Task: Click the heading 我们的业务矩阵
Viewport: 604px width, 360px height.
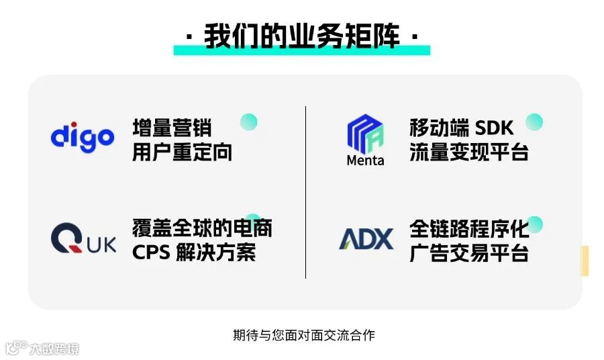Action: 302,36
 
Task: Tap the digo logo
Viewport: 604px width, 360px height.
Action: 83,137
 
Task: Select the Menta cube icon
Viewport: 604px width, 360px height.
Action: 364,133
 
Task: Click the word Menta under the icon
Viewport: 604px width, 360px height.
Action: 365,161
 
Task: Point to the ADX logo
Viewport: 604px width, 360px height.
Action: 366,239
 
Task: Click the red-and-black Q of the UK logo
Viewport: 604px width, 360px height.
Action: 65,239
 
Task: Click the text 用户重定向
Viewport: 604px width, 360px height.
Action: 182,151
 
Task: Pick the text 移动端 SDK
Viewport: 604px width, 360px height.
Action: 461,127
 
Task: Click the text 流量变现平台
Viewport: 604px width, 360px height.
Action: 469,151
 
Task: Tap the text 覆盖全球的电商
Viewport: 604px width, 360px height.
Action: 202,228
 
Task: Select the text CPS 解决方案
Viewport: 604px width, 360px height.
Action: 194,253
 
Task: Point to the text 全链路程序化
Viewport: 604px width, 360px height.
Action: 469,228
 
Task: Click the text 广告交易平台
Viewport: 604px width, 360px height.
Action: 469,253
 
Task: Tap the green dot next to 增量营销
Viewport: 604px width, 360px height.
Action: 249,122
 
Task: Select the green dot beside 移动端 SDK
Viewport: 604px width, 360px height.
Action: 534,122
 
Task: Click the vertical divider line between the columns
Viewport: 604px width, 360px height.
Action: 306,191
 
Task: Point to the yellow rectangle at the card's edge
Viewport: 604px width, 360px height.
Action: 585,261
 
